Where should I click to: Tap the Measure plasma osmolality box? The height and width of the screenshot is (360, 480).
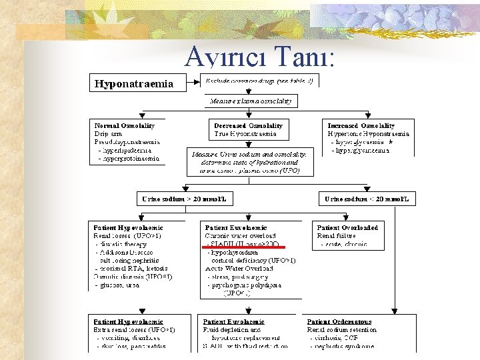[x=251, y=101]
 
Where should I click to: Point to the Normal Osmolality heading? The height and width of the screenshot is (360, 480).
[x=124, y=125]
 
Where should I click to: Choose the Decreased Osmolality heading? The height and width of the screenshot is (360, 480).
[x=248, y=125]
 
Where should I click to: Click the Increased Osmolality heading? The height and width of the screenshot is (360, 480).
[x=361, y=125]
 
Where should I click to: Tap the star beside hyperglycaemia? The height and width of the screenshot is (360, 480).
[x=391, y=143]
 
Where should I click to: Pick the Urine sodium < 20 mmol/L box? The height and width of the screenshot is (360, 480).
[x=367, y=199]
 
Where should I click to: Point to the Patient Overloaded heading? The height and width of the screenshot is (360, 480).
[x=347, y=227]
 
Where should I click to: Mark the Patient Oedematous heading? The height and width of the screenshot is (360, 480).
[x=339, y=321]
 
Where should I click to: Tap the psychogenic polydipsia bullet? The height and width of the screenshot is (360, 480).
[x=245, y=285]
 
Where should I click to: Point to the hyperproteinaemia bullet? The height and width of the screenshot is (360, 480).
[x=129, y=159]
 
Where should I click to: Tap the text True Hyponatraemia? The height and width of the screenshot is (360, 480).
[x=245, y=134]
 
